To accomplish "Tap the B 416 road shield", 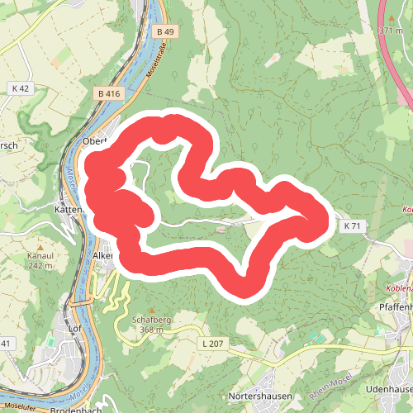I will (107, 94).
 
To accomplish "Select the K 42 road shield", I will (21, 88).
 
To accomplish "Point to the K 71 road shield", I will (352, 225).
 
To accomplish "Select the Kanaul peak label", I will (40, 256).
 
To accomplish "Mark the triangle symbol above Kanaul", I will (40, 246).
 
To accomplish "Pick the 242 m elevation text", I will (40, 265).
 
